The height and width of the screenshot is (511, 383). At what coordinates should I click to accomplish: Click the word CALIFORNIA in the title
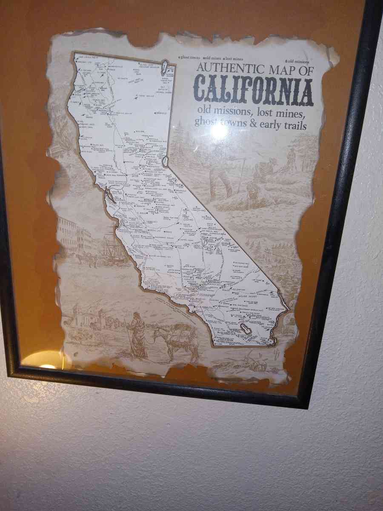pos(254,91)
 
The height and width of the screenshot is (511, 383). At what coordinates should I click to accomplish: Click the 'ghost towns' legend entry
pos(190,57)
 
